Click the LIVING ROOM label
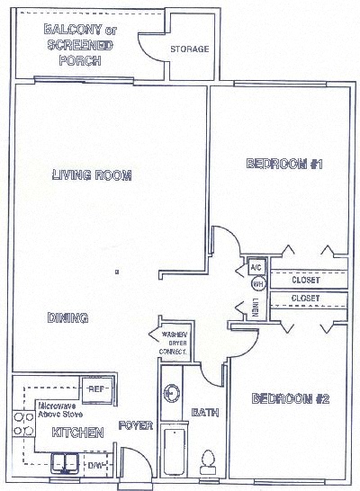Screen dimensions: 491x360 92,174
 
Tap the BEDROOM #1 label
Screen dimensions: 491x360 278,165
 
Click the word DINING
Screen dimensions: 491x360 67,317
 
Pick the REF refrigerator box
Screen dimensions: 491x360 95,388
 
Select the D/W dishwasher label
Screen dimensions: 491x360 95,465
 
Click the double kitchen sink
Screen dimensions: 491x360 64,463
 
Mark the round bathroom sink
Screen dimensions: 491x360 172,392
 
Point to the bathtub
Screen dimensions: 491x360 173,450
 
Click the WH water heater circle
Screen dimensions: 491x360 256,283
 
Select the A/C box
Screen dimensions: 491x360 255,267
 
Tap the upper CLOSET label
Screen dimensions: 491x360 306,280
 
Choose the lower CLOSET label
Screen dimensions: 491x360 306,298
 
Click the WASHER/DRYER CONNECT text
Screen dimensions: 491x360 174,344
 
